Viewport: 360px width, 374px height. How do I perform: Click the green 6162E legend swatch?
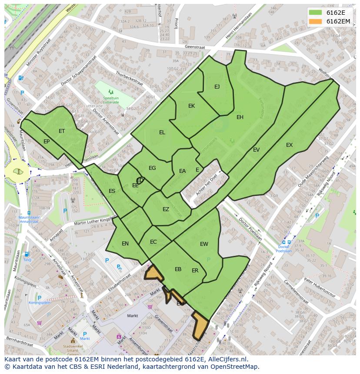pos(315,13)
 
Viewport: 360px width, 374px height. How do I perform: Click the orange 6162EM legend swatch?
pos(315,21)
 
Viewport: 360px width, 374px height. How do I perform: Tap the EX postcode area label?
pos(289,145)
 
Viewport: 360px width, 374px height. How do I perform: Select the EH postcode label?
pos(240,117)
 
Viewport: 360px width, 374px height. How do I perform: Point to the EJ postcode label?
pos(217,87)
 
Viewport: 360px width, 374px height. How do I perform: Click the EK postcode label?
pos(191,106)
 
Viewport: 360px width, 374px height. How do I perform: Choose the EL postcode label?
pos(162,132)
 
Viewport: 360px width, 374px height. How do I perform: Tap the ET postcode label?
pos(62,131)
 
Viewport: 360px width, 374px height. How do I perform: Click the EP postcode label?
pos(47,142)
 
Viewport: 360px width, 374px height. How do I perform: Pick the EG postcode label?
pos(152,168)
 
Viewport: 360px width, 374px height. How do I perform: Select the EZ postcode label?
pos(166,209)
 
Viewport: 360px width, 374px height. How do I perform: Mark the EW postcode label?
pos(204,244)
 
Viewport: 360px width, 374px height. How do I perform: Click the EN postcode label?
pos(125,244)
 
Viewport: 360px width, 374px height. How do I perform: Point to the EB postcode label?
pos(178,269)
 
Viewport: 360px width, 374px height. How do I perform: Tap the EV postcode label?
pos(256,150)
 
